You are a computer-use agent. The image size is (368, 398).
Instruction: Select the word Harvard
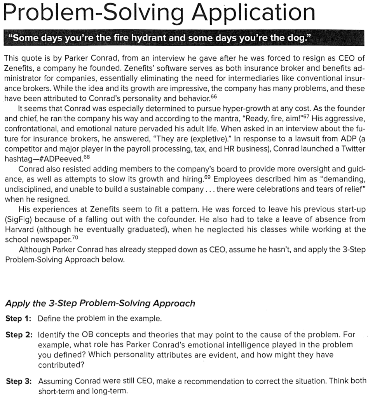click(x=18, y=229)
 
